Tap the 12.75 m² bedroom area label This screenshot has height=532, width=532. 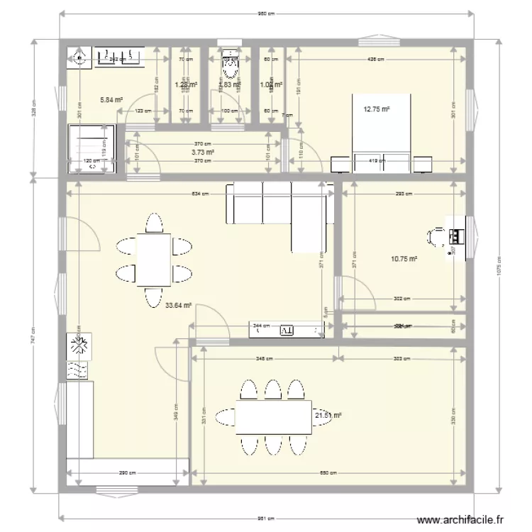click(x=377, y=109)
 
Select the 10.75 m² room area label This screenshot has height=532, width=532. click(x=404, y=260)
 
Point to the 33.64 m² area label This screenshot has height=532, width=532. click(x=179, y=306)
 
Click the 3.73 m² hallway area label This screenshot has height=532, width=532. click(x=203, y=152)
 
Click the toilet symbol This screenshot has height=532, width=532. click(x=229, y=65)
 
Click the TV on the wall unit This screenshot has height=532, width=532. click(x=287, y=330)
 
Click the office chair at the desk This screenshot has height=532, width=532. click(x=437, y=236)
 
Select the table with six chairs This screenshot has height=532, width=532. click(x=153, y=260)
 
